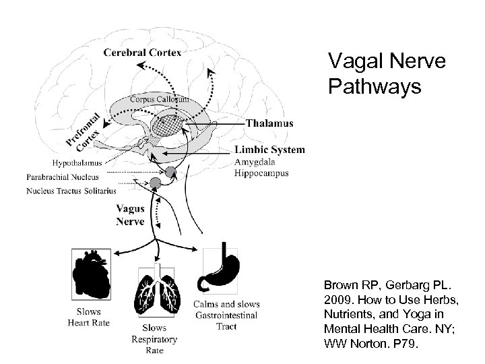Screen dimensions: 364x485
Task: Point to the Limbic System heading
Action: (269, 150)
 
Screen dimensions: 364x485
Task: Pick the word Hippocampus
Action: (261, 173)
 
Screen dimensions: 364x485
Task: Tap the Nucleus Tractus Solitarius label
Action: (72, 191)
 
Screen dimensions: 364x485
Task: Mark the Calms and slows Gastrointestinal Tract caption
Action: (226, 315)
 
